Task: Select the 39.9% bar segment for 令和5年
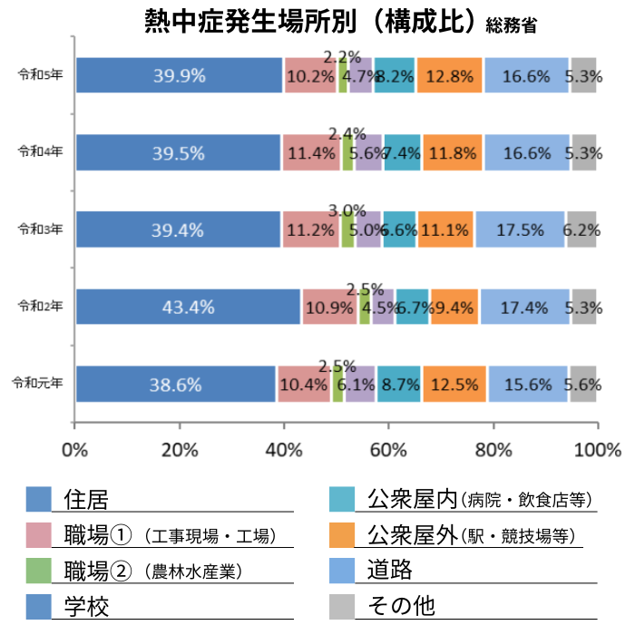[179, 75]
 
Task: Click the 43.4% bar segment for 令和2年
[188, 307]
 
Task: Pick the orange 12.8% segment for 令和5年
[450, 75]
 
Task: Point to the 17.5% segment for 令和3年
[520, 230]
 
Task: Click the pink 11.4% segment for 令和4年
[311, 152]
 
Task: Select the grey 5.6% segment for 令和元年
[581, 384]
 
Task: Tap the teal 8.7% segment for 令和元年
[399, 384]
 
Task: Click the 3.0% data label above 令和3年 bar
[347, 210]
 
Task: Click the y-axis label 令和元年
[38, 384]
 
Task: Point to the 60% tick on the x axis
[389, 450]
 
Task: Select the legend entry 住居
[86, 499]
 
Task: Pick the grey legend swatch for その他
[342, 605]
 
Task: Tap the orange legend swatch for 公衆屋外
[342, 534]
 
